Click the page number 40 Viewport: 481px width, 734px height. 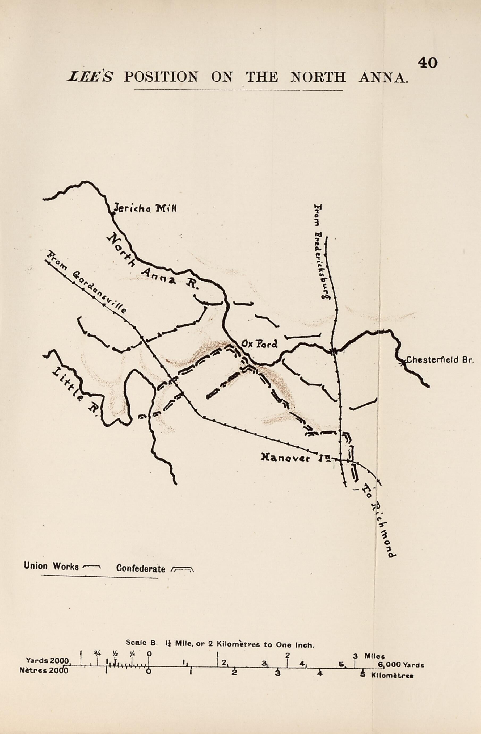[427, 63]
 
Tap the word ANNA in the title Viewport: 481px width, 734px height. [383, 77]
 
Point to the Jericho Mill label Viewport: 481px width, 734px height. [145, 209]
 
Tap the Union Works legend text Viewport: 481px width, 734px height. [51, 566]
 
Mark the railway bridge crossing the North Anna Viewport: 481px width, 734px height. [333, 351]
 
